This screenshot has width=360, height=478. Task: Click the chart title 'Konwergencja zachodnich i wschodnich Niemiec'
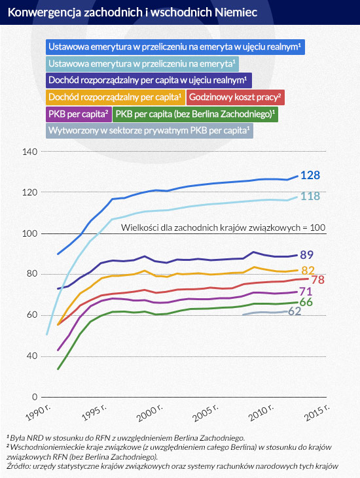(x=132, y=12)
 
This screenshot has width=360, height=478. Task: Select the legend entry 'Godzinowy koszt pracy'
(x=235, y=97)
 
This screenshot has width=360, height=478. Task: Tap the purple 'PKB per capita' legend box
(x=79, y=114)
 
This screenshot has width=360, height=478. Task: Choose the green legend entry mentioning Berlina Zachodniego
(x=195, y=114)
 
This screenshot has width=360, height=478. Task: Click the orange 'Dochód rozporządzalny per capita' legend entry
(x=115, y=97)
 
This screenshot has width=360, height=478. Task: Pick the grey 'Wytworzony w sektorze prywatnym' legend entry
(x=149, y=131)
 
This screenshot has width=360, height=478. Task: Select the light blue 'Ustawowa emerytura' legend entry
(x=142, y=63)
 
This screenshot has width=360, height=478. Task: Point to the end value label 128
(x=310, y=175)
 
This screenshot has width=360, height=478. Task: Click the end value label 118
(x=310, y=196)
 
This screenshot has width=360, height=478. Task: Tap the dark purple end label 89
(x=306, y=255)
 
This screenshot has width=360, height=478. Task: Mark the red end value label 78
(x=317, y=280)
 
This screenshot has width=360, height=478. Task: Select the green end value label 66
(x=306, y=302)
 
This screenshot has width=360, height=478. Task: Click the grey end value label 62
(x=295, y=311)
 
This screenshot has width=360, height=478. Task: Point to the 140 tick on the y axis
(x=30, y=152)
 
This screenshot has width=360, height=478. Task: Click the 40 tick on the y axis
(x=31, y=356)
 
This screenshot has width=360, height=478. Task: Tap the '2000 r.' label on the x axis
(x=150, y=413)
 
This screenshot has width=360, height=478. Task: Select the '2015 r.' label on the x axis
(x=317, y=413)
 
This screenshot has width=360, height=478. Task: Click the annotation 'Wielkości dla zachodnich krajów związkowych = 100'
(x=223, y=228)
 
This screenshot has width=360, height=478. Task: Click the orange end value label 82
(x=308, y=271)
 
